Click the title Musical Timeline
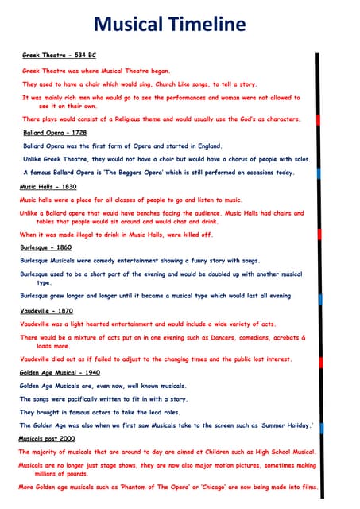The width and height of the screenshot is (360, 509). pyautogui.click(x=180, y=25)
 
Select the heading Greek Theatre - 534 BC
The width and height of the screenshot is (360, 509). pyautogui.click(x=59, y=56)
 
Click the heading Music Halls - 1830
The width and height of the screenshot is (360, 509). pyautogui.click(x=48, y=186)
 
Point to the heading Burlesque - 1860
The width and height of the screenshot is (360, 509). pyautogui.click(x=45, y=248)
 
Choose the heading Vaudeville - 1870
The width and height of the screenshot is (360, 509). pyautogui.click(x=46, y=310)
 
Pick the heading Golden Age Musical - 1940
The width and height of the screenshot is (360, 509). pyautogui.click(x=60, y=372)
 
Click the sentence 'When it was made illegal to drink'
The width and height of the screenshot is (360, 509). pyautogui.click(x=116, y=235)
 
